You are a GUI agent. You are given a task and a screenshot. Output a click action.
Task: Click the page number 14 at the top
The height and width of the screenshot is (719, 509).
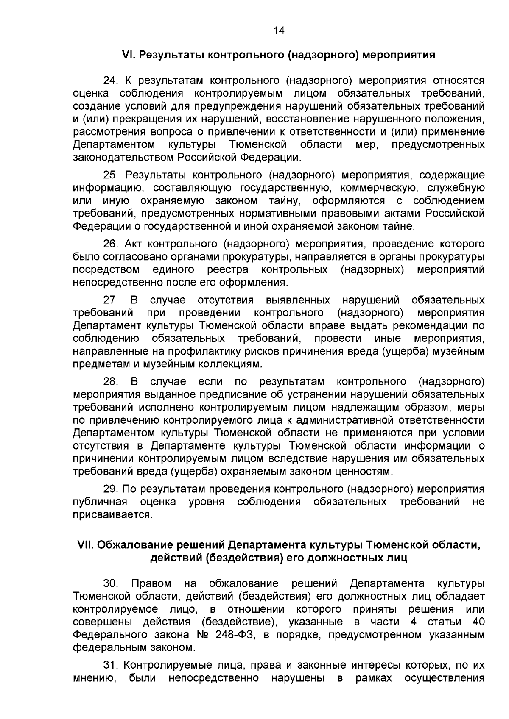pos(279,30)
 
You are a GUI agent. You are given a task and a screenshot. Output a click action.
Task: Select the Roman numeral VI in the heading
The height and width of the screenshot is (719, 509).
pos(128,55)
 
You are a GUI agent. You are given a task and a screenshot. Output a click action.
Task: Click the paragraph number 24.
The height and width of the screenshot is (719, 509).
pos(111,81)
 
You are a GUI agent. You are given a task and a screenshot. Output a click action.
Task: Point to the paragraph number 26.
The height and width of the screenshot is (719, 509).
pos(111,244)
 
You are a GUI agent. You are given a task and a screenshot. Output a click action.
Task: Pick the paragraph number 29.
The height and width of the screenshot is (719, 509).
pos(111,489)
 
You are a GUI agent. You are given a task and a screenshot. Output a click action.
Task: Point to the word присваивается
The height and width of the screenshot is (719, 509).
pos(112,515)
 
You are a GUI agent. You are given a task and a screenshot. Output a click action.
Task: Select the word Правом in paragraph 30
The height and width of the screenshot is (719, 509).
pos(151,583)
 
